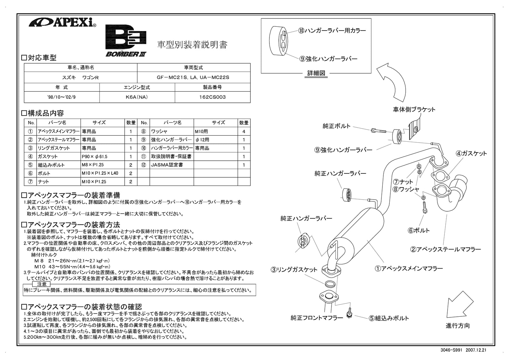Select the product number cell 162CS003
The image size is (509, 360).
point(212,97)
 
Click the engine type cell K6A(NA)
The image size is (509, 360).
point(137,97)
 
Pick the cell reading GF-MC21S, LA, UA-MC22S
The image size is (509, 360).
point(193,77)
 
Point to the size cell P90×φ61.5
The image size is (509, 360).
point(102,156)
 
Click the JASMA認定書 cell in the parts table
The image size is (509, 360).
point(171,165)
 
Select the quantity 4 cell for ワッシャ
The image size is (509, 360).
point(244,131)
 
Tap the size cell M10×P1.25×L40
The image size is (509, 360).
point(102,173)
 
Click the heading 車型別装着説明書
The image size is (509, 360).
point(192,45)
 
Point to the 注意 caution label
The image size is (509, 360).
point(42,284)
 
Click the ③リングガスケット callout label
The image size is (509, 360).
point(294,270)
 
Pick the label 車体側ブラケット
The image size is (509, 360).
point(414,109)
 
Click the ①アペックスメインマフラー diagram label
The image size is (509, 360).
point(408,269)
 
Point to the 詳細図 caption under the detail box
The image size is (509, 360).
point(316,73)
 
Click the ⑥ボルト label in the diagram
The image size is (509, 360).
point(419,230)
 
